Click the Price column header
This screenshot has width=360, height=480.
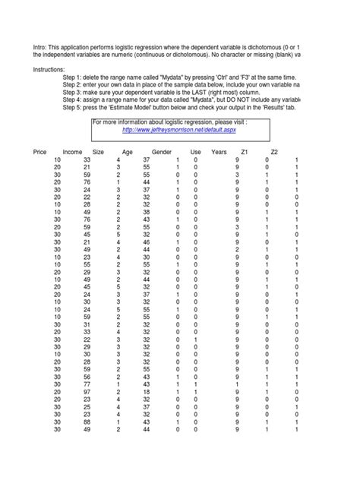coord(40,153)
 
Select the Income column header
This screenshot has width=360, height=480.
coord(73,153)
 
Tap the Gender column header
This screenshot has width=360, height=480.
coord(161,153)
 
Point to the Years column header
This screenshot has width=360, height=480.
coord(219,153)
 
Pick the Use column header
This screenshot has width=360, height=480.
coord(195,153)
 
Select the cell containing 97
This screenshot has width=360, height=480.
coord(86,391)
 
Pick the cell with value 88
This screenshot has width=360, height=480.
coord(86,421)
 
